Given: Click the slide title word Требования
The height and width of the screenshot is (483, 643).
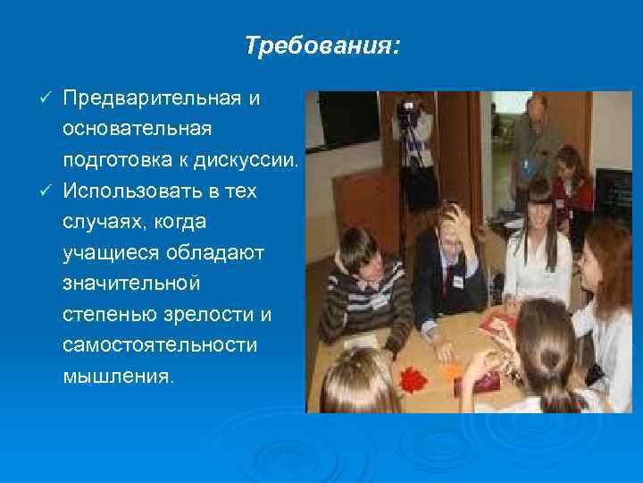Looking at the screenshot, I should pos(321,46).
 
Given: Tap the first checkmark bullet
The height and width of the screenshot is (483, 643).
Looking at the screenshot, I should pos(50,97).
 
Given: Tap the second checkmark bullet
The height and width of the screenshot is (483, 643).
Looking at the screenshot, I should pos(50,191).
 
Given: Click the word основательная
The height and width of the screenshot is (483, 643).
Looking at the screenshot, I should pos(137,129).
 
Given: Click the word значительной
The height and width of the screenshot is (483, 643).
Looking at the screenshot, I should pos(131,284).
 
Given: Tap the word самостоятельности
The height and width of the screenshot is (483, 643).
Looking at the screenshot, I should pos(160,347).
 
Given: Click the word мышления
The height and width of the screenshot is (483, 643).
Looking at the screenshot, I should pos(113,378).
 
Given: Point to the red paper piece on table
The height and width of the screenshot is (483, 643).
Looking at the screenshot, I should pos(412,377).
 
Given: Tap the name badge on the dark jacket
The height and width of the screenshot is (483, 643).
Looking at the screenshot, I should pos(457,282).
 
